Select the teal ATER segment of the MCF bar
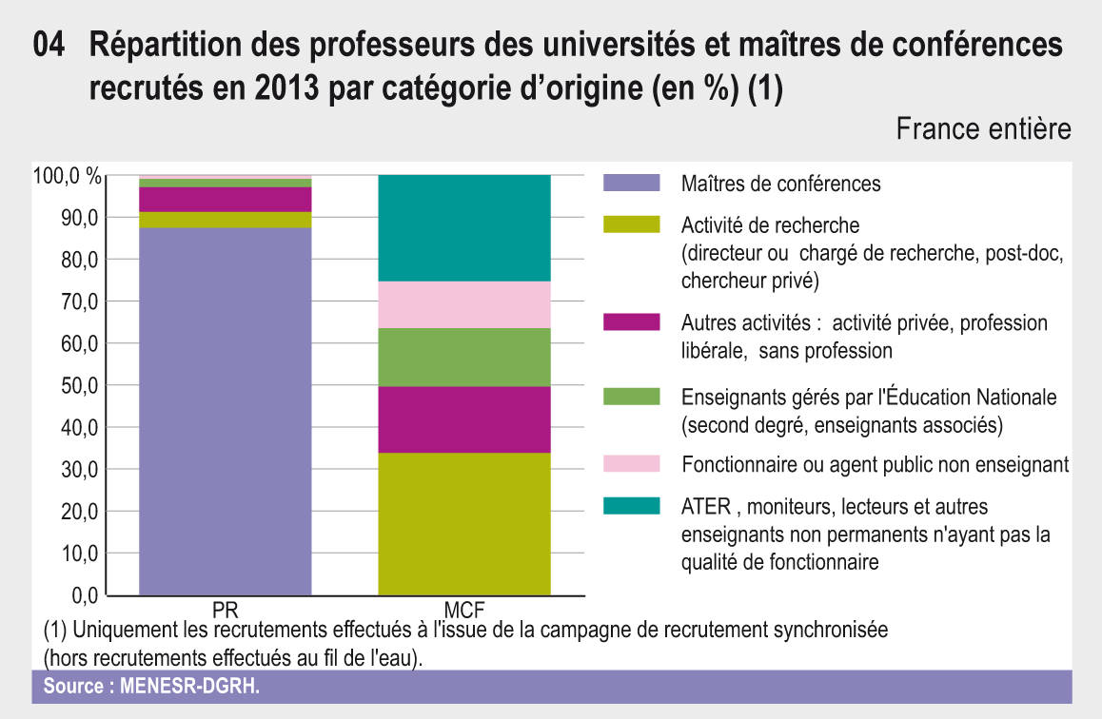click(464, 228)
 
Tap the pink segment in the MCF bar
click(464, 304)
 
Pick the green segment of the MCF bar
click(464, 357)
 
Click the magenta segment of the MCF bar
click(464, 419)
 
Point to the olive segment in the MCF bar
click(464, 523)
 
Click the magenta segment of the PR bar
click(226, 200)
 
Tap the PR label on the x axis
click(226, 608)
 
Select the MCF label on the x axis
click(464, 608)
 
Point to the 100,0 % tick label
click(67, 176)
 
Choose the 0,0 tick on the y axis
click(84, 595)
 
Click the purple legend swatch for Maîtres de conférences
click(632, 183)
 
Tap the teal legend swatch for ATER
click(632, 506)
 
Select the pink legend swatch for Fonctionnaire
click(632, 463)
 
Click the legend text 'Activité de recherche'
click(770, 225)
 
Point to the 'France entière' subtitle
click(983, 129)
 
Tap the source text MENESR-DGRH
click(188, 687)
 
